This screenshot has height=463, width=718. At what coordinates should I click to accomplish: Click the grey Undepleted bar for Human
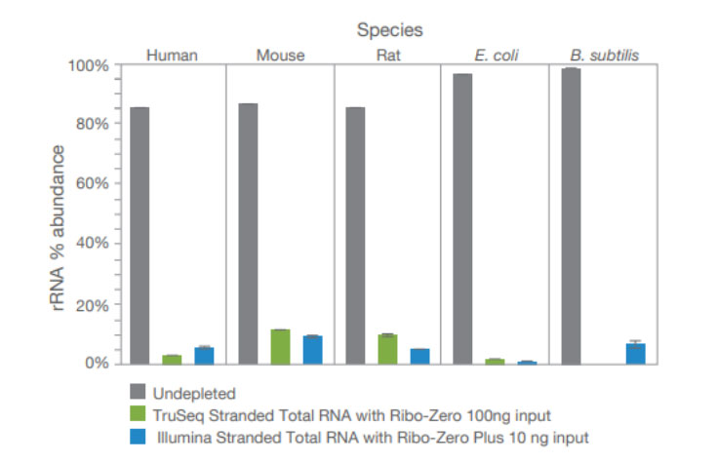click(x=140, y=235)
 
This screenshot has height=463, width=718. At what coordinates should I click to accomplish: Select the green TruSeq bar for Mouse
click(x=280, y=346)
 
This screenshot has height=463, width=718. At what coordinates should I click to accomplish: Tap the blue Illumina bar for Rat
click(x=419, y=356)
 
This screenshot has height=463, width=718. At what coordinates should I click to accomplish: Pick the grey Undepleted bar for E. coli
click(x=462, y=218)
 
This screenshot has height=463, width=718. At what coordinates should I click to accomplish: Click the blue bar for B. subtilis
click(x=635, y=353)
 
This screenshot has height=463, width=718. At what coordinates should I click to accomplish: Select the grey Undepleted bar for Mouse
click(x=248, y=233)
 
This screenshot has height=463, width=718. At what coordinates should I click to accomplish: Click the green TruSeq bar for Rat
click(x=387, y=349)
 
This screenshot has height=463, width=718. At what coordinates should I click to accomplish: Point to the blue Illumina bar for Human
click(x=204, y=355)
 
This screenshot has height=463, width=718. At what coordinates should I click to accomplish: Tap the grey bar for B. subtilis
click(x=571, y=215)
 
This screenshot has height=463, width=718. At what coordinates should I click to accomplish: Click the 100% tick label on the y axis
click(x=87, y=65)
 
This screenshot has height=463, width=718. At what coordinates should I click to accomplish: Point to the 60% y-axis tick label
click(x=90, y=184)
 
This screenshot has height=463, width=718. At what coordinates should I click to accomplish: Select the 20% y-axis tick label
click(x=90, y=304)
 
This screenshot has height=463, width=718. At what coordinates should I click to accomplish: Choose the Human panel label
click(x=172, y=56)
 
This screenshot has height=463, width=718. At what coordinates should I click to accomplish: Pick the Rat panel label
click(x=387, y=56)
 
